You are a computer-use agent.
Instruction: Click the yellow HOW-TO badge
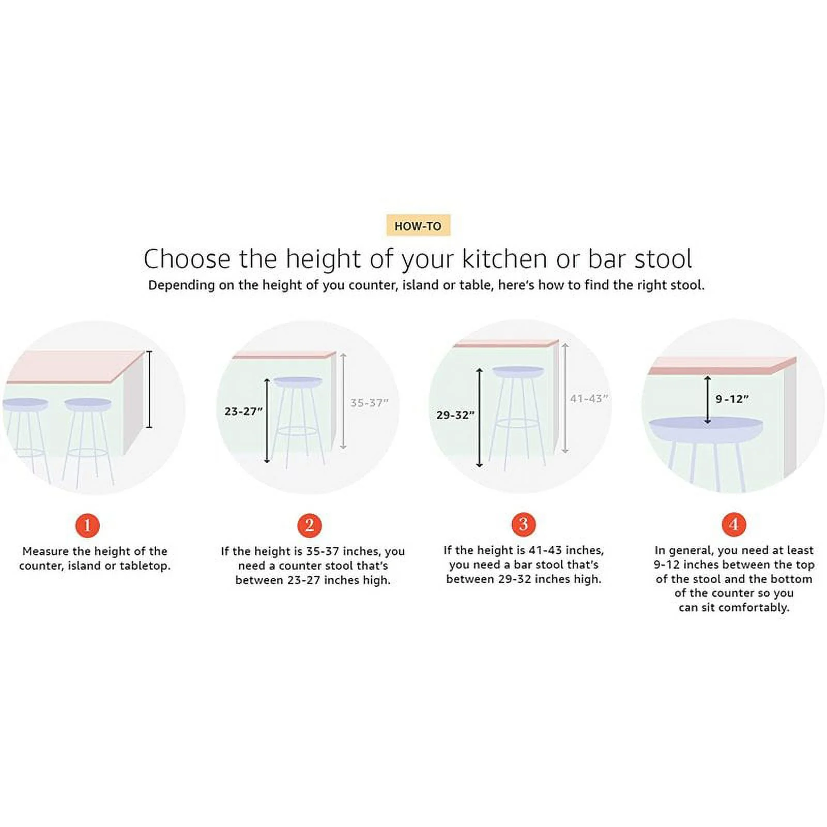click(x=418, y=225)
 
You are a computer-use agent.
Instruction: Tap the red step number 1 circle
click(x=87, y=525)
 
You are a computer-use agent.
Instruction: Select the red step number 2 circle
click(x=310, y=525)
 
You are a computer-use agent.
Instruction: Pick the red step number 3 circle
click(x=524, y=524)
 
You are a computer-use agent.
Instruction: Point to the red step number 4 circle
click(x=734, y=524)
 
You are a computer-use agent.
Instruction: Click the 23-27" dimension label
click(x=243, y=411)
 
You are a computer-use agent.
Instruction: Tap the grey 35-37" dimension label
click(x=369, y=403)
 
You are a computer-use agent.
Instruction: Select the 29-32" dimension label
click(x=455, y=415)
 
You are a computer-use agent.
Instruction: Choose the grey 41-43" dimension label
click(x=589, y=399)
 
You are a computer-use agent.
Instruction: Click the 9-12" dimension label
click(x=732, y=399)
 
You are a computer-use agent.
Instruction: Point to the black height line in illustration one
click(x=149, y=389)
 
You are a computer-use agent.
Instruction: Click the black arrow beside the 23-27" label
click(x=267, y=420)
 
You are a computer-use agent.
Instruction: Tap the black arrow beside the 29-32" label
click(x=480, y=418)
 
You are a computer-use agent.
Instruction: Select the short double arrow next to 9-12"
click(x=708, y=400)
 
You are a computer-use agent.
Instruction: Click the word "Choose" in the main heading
click(x=187, y=259)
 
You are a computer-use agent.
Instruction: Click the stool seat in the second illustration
click(x=298, y=382)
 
